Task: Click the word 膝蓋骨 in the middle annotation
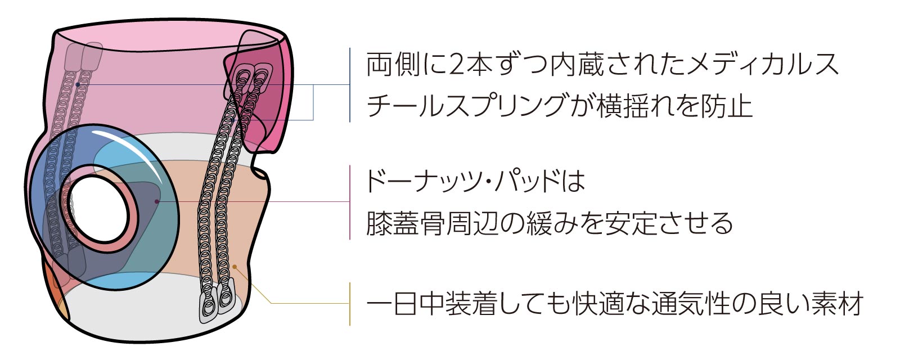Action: click(x=406, y=223)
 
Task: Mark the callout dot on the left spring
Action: click(x=78, y=84)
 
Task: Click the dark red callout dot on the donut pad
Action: click(x=157, y=201)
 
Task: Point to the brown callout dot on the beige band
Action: click(x=235, y=267)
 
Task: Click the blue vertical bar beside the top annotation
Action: click(x=350, y=85)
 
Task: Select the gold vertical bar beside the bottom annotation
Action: click(x=350, y=304)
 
